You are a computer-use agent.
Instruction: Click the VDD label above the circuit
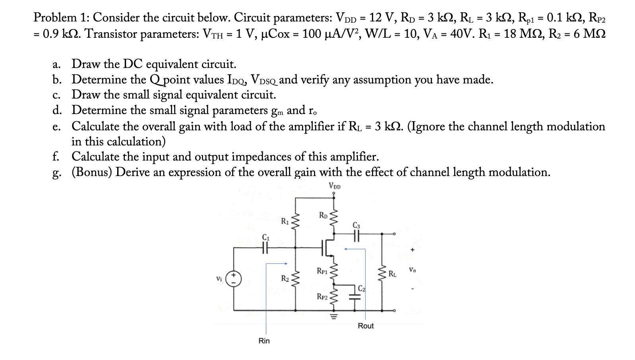point(335,186)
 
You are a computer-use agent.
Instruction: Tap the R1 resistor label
point(285,221)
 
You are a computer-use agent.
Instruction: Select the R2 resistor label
point(285,278)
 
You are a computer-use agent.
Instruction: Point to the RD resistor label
point(323,216)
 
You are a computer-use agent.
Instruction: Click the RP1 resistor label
point(322,271)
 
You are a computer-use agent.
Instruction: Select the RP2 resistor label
point(322,296)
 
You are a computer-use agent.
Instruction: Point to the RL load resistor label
point(392,273)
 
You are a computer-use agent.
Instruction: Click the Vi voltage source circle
point(234,278)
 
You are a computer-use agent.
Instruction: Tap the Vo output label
point(412,270)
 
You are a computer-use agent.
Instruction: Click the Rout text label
point(366,326)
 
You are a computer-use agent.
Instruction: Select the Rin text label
point(264,341)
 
